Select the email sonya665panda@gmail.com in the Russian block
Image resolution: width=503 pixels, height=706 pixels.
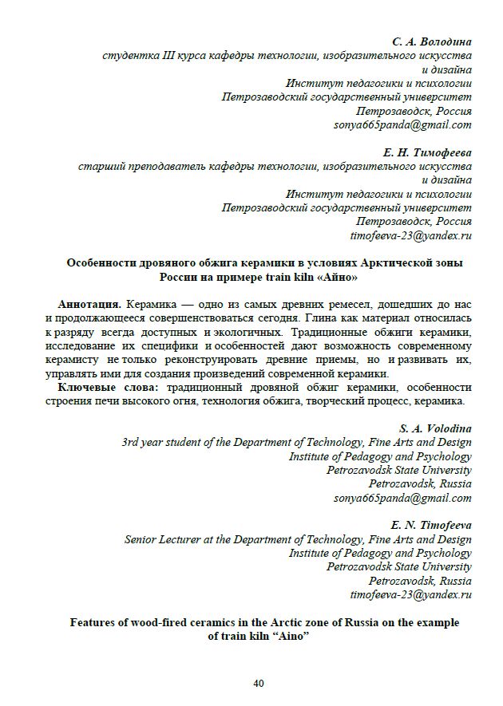pos(402,124)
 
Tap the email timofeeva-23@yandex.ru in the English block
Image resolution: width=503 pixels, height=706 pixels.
pos(410,595)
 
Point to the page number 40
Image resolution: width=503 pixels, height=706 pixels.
pos(258,683)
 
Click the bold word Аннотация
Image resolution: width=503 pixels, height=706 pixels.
pos(89,306)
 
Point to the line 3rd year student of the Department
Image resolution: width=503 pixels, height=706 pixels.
pos(295,442)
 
